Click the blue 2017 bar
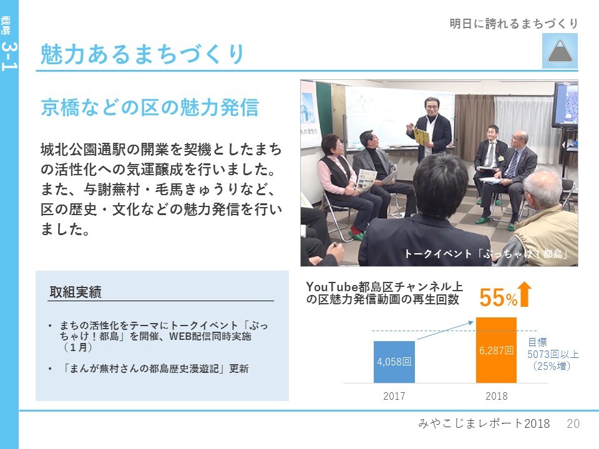click(394, 362)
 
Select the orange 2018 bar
click(496, 350)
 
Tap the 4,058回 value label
click(394, 362)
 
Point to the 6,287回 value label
click(496, 350)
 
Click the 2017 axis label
click(394, 396)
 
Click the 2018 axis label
click(496, 396)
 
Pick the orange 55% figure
click(498, 297)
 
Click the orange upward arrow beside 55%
click(525, 294)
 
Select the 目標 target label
click(537, 342)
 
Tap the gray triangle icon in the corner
click(560, 51)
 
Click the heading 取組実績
click(75, 292)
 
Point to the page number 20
click(573, 423)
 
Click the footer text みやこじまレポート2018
click(484, 423)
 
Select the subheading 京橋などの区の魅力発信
click(150, 107)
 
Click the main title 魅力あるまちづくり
click(142, 54)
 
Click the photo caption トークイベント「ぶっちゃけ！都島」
click(486, 254)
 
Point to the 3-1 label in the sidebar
click(9, 57)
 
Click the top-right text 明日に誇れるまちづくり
click(514, 24)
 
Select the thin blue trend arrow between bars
click(446, 331)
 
